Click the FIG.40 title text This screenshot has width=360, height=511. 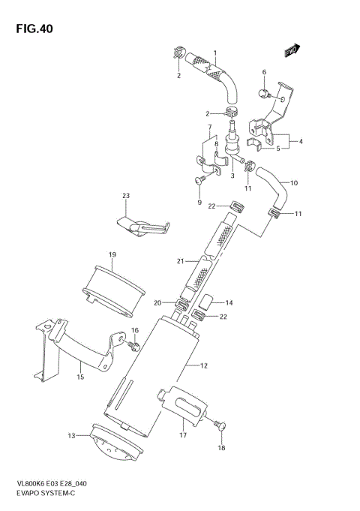[32, 29]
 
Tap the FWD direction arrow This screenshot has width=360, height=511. [292, 50]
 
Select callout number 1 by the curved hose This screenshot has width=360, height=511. [214, 53]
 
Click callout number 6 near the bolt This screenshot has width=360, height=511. [264, 72]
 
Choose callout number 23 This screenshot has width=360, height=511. [126, 196]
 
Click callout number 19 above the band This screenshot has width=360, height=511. [111, 255]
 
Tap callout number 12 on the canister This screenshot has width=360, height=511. [203, 365]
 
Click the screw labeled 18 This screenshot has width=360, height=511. [219, 425]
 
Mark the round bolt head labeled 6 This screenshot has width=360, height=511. [265, 93]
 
